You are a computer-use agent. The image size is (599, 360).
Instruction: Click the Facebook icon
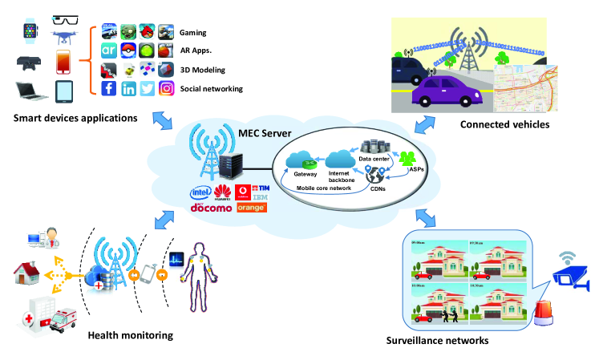coord(109,89)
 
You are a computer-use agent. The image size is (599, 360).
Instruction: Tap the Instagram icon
coord(166,89)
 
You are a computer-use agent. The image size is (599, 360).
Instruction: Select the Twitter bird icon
coord(148,89)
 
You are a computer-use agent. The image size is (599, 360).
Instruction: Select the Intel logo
coord(200,193)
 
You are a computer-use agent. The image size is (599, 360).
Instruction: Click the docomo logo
coord(211,208)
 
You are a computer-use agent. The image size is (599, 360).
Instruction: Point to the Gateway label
coord(306,174)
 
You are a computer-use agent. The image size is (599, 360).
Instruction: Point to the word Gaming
coord(194,34)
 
